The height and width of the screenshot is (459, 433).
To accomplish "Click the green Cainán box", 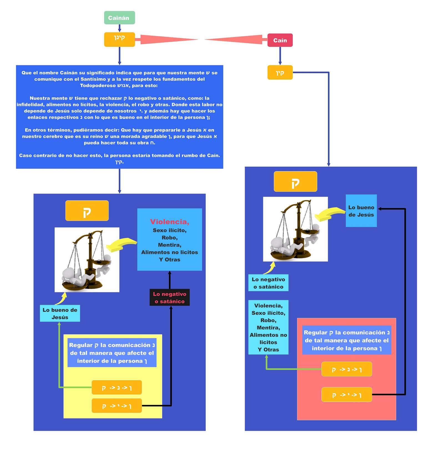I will [x=119, y=18].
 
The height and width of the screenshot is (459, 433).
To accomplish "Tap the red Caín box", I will [x=280, y=40].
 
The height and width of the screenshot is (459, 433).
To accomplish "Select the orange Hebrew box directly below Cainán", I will [x=119, y=39].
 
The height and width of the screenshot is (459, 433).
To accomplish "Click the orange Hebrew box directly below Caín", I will [x=280, y=72].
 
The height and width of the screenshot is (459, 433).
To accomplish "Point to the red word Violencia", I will [x=170, y=222].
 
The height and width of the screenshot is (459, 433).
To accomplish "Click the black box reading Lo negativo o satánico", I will [x=170, y=297].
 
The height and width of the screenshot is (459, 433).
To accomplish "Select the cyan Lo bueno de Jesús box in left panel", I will [x=60, y=314].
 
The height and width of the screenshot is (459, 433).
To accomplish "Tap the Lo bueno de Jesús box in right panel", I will [x=361, y=211].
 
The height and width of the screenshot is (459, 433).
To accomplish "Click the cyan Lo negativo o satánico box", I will [x=268, y=283].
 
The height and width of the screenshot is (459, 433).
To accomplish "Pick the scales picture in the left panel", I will [x=87, y=260].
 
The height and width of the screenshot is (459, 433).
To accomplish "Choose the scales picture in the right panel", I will [x=295, y=229].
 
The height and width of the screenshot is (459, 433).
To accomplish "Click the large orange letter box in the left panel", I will [x=87, y=211].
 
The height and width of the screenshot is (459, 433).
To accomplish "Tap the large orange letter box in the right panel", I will [x=295, y=182].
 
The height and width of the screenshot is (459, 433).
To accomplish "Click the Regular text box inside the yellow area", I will [x=112, y=353].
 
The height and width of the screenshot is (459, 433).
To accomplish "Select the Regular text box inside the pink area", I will [x=347, y=340].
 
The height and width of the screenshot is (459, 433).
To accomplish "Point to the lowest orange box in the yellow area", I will [x=117, y=406].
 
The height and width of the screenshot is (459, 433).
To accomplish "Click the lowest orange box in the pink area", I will [x=347, y=395].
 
